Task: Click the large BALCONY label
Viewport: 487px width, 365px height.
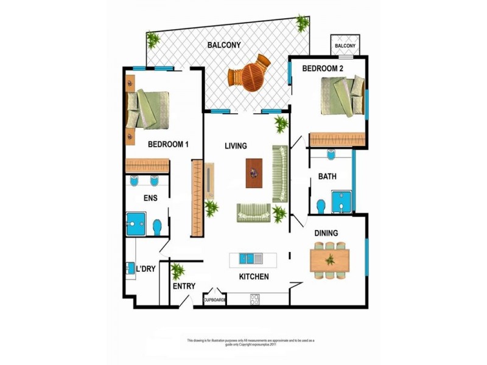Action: pos(224,45)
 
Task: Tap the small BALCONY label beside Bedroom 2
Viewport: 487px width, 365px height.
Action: pos(345,46)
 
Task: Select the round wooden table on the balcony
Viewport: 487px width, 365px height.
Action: pos(249,75)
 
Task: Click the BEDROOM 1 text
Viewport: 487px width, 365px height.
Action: pos(168,144)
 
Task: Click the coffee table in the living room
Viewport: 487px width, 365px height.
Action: pos(254,172)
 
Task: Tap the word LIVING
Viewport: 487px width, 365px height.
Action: pos(236,146)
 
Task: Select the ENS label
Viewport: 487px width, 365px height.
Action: pos(151,198)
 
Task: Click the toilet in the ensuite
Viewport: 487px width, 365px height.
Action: pos(157,226)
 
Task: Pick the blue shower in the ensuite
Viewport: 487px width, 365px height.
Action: pos(136,223)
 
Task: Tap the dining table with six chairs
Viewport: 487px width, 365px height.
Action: pos(330,260)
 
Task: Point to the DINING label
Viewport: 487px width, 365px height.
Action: pos(326,233)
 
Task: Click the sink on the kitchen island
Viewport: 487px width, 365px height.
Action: pos(247,258)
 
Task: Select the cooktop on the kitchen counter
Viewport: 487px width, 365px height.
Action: pos(254,299)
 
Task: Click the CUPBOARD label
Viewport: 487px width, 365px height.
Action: pos(215,300)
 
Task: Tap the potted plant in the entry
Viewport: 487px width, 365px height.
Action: pos(178,269)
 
